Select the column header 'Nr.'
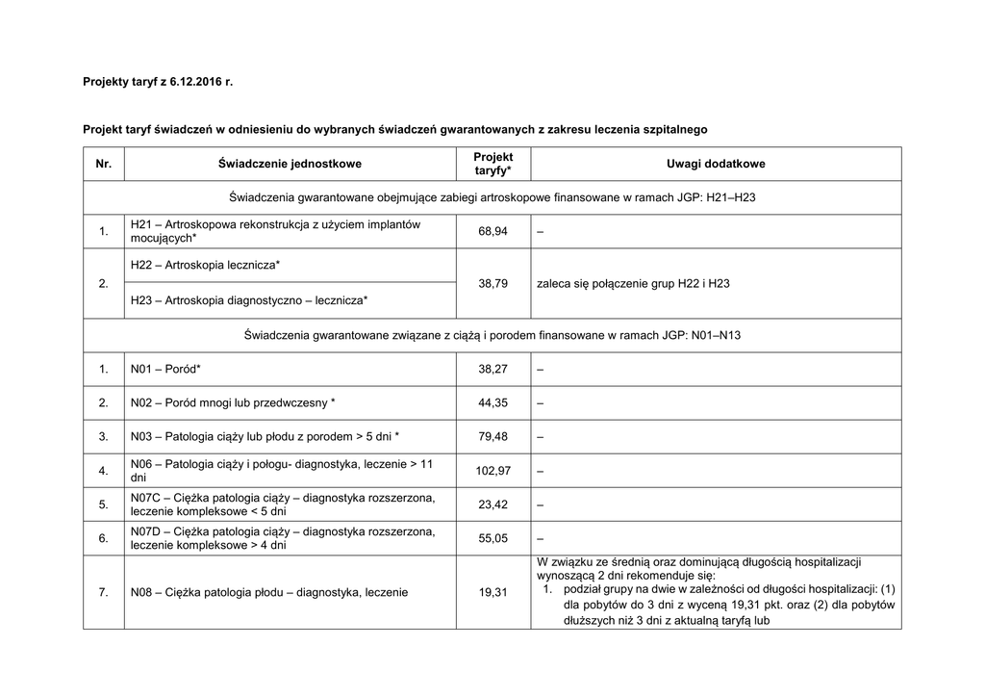[x=104, y=165]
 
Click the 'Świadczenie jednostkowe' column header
[x=290, y=165]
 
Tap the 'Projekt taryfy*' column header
[x=493, y=164]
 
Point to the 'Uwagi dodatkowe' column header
[x=716, y=165]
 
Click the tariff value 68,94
[x=493, y=231]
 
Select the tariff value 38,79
[x=493, y=283]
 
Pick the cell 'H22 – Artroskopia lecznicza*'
[x=205, y=265]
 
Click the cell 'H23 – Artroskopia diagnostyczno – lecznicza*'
[x=248, y=300]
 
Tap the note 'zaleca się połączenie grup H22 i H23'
[x=633, y=283]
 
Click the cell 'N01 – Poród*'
[x=165, y=369]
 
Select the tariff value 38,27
[x=493, y=369]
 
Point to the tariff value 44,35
[x=493, y=402]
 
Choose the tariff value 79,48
[x=493, y=436]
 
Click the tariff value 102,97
[x=493, y=471]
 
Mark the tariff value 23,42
[x=493, y=504]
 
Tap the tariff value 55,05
[x=493, y=539]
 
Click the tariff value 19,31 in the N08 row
[x=493, y=592]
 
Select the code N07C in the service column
[x=146, y=498]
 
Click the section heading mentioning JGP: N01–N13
[x=492, y=335]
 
